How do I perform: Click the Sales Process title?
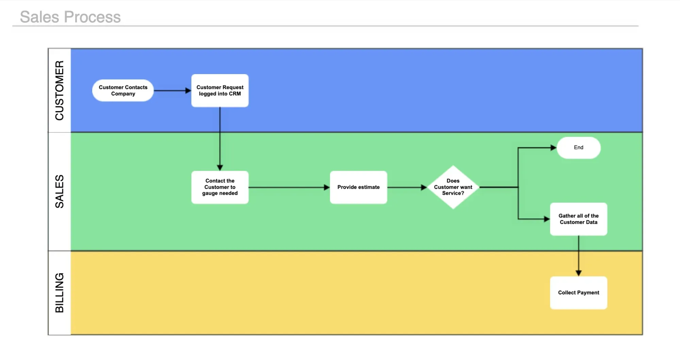[70, 17]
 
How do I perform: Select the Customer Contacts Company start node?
[123, 90]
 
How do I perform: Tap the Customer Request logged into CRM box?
[220, 90]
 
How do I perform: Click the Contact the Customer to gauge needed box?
[220, 187]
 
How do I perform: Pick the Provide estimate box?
[358, 187]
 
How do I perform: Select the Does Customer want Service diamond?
[453, 187]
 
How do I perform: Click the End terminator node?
[578, 148]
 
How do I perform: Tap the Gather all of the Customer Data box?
[578, 219]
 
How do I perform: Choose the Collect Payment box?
[578, 292]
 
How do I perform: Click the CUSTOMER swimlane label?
[60, 90]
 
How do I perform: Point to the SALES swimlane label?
[60, 191]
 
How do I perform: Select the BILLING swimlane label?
[60, 293]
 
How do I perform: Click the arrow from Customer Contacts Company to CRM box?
[172, 90]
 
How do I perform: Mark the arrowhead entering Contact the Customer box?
[220, 168]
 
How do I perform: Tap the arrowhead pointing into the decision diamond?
[424, 187]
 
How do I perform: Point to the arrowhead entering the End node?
[553, 148]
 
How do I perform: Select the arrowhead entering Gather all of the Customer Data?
[547, 219]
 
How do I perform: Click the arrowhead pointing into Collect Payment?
[578, 273]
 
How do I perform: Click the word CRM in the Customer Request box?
[235, 94]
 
